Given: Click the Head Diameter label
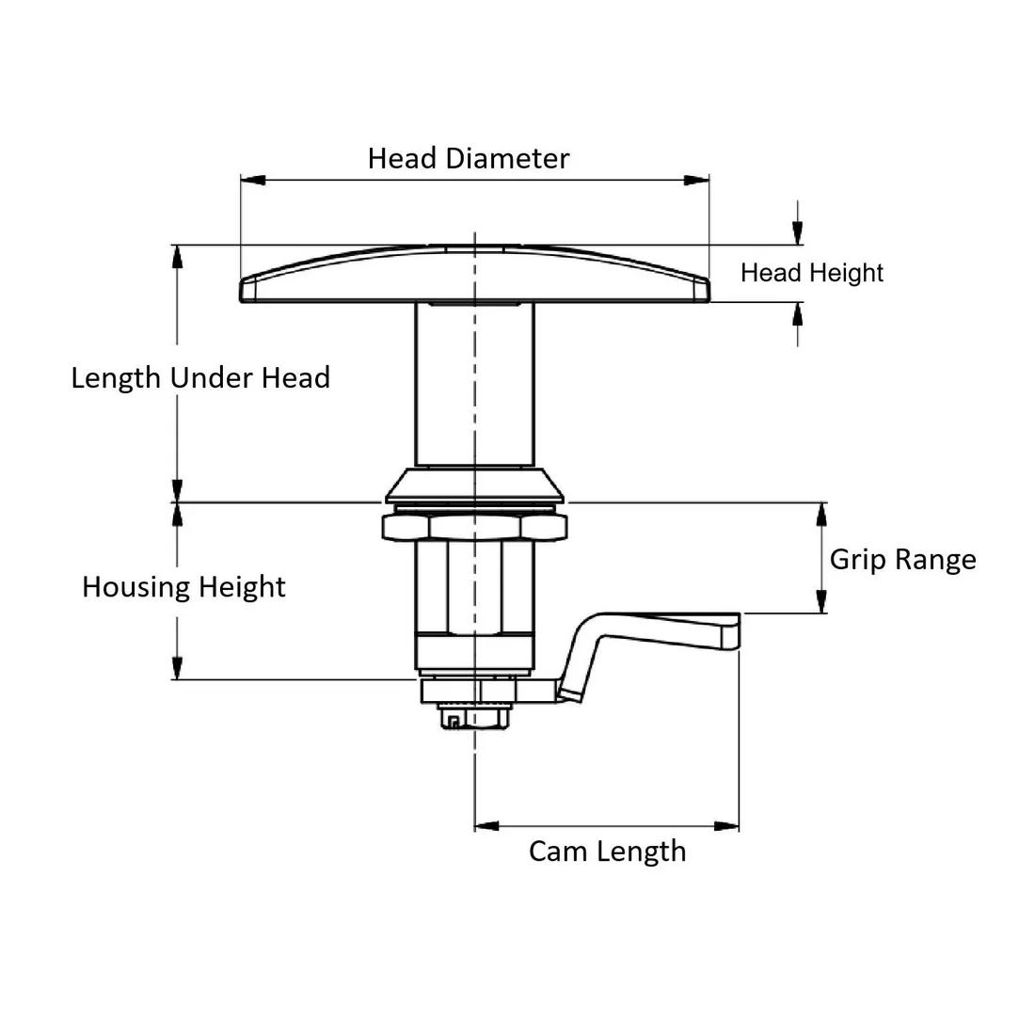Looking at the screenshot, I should (468, 158).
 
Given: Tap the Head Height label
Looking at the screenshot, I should (811, 273).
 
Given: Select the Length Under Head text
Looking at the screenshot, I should (200, 378).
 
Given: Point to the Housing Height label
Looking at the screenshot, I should (183, 587).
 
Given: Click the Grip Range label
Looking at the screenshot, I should (901, 560).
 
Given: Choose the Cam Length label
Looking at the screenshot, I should (607, 852).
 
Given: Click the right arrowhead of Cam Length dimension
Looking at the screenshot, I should (727, 826).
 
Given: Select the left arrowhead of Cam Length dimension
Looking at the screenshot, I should (486, 826).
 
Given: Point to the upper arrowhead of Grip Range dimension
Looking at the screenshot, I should (821, 514).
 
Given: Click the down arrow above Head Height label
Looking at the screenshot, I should (798, 234).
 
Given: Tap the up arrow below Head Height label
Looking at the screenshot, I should (798, 313).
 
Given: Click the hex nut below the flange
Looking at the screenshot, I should (474, 527).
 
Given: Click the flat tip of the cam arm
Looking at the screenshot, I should (729, 630).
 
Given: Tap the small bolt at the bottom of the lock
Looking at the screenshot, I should (468, 719).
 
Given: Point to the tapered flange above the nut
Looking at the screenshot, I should (474, 485).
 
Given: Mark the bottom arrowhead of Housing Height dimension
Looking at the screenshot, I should (176, 669).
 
